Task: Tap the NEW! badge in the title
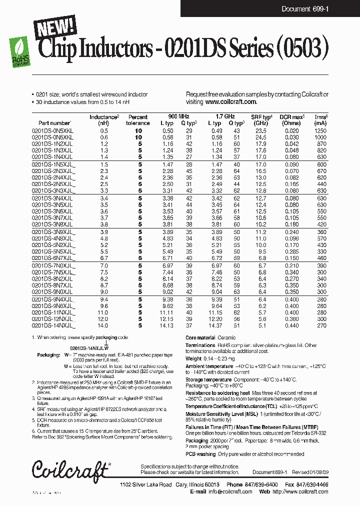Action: (x=55, y=28)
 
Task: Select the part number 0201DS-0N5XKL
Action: (x=52, y=130)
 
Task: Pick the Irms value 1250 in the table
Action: (x=320, y=130)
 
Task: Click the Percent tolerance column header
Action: (x=137, y=120)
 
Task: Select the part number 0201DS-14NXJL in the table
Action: (x=52, y=325)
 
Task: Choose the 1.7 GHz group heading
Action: (x=225, y=115)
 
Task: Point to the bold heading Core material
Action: (x=200, y=338)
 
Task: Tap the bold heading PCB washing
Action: (x=200, y=454)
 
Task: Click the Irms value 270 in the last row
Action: (x=321, y=325)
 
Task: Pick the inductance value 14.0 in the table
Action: (x=103, y=325)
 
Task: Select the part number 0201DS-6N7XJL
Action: (x=52, y=258)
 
